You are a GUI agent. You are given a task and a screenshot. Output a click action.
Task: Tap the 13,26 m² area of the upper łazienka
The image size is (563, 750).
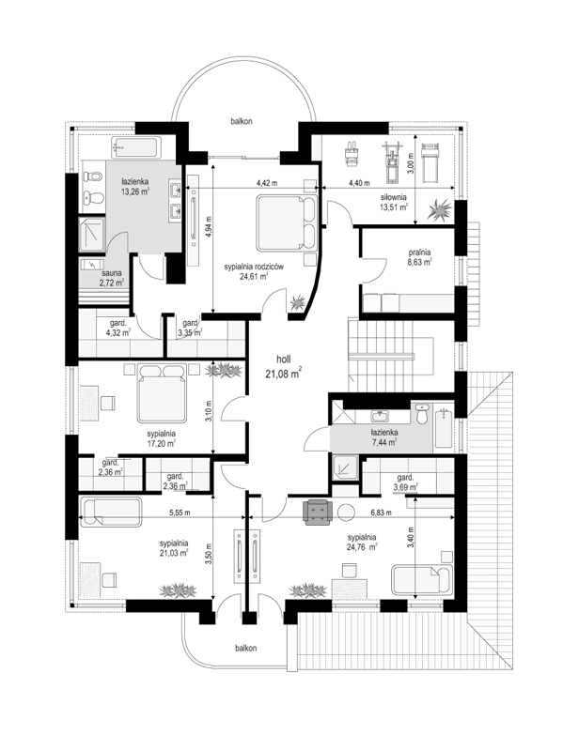(135, 191)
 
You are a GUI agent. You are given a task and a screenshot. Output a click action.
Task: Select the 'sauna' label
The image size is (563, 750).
(112, 273)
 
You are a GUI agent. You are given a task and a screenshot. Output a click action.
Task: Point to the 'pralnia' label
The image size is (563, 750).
(419, 253)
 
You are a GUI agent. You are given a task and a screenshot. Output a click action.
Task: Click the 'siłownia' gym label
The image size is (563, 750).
(394, 196)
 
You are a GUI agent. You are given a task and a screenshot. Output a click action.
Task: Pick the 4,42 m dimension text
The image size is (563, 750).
(267, 183)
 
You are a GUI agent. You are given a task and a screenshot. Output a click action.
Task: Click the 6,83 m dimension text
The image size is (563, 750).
(381, 513)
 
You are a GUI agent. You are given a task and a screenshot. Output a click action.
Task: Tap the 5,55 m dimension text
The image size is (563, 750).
(180, 513)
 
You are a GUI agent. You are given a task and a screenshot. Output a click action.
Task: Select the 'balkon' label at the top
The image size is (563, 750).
(241, 121)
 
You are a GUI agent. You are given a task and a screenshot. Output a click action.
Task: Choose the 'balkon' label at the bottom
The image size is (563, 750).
(245, 648)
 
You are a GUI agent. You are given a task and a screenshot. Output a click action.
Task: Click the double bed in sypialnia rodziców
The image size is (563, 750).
(286, 222)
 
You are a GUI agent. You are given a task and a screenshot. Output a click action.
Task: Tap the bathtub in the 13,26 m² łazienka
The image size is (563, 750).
(136, 148)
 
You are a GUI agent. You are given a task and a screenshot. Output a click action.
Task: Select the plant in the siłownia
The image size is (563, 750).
(440, 209)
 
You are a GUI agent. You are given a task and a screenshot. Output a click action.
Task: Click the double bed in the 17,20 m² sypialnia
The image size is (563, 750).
(162, 392)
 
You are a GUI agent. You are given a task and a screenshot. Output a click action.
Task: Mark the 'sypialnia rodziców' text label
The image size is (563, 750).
(254, 267)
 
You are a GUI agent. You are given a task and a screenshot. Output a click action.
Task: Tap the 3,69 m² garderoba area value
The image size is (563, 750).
(406, 487)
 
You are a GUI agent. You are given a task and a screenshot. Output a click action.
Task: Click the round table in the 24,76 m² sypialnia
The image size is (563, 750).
(347, 513)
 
